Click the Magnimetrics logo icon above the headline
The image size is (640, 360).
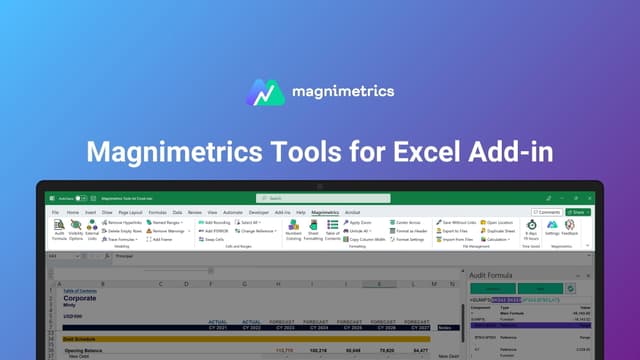click(263, 92)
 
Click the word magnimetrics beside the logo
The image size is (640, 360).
click(343, 92)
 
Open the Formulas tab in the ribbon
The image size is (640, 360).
click(157, 213)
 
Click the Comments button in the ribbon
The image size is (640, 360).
click(546, 212)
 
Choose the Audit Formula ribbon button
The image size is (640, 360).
click(59, 231)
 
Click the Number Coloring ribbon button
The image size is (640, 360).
click(293, 231)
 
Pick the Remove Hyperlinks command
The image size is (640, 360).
click(124, 222)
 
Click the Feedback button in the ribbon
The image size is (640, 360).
click(570, 230)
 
